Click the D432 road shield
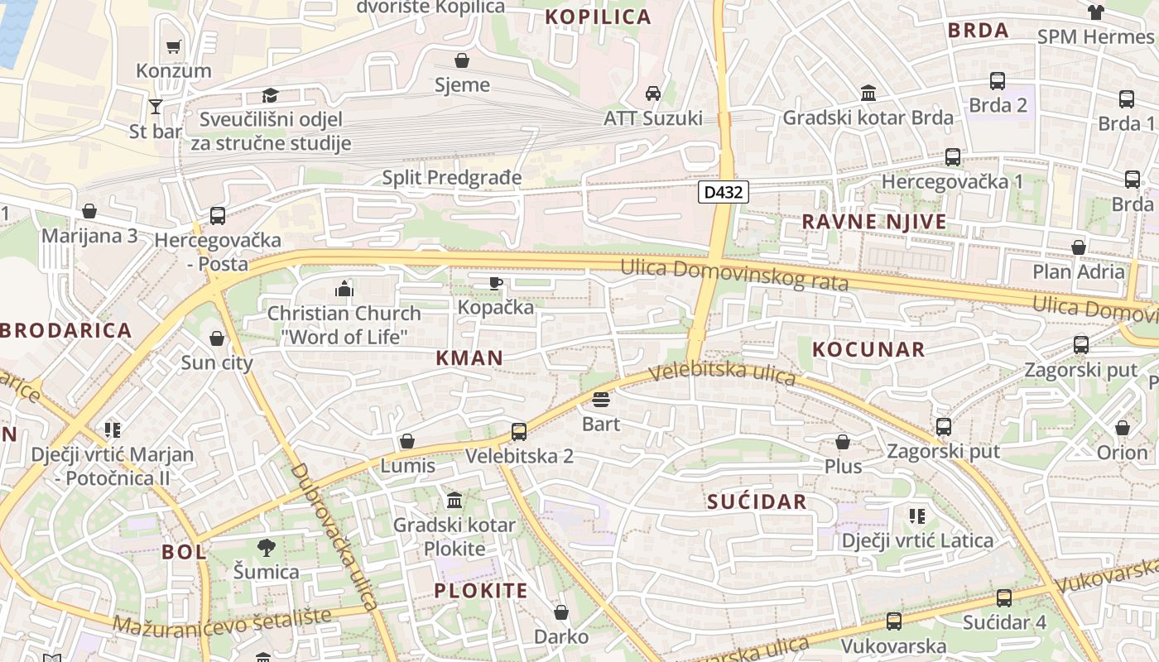click(x=724, y=193)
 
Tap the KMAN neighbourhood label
click(x=469, y=357)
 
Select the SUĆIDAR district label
click(x=757, y=501)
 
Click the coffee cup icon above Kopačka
click(x=495, y=283)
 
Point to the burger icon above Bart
click(x=601, y=401)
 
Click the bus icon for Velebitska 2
click(x=519, y=431)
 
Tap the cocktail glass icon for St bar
click(x=156, y=106)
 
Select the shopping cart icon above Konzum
click(x=174, y=46)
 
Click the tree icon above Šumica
click(x=266, y=547)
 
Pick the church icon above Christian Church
click(x=344, y=289)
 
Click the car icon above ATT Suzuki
click(x=653, y=93)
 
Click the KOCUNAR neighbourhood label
click(x=868, y=349)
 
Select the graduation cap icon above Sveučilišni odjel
click(x=270, y=96)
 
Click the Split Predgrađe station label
click(x=452, y=177)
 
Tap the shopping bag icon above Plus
click(x=843, y=442)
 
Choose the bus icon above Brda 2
click(x=998, y=81)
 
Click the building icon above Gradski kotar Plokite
click(x=454, y=501)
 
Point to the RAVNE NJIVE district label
click(x=874, y=222)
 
